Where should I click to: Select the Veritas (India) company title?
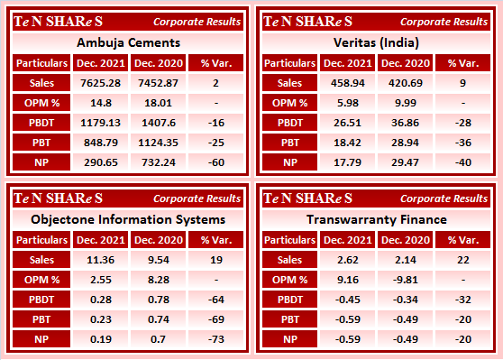[x=375, y=42]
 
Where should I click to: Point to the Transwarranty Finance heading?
[x=375, y=218]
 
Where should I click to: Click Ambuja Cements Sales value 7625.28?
[x=100, y=83]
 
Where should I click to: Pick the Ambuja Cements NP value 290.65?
[x=100, y=162]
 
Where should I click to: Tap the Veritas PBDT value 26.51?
[x=348, y=123]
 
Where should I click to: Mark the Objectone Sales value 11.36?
[x=100, y=260]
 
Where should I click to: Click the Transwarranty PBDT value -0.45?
[x=348, y=300]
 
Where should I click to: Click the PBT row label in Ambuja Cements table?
[x=41, y=143]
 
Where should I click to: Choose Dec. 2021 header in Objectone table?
[x=100, y=240]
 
